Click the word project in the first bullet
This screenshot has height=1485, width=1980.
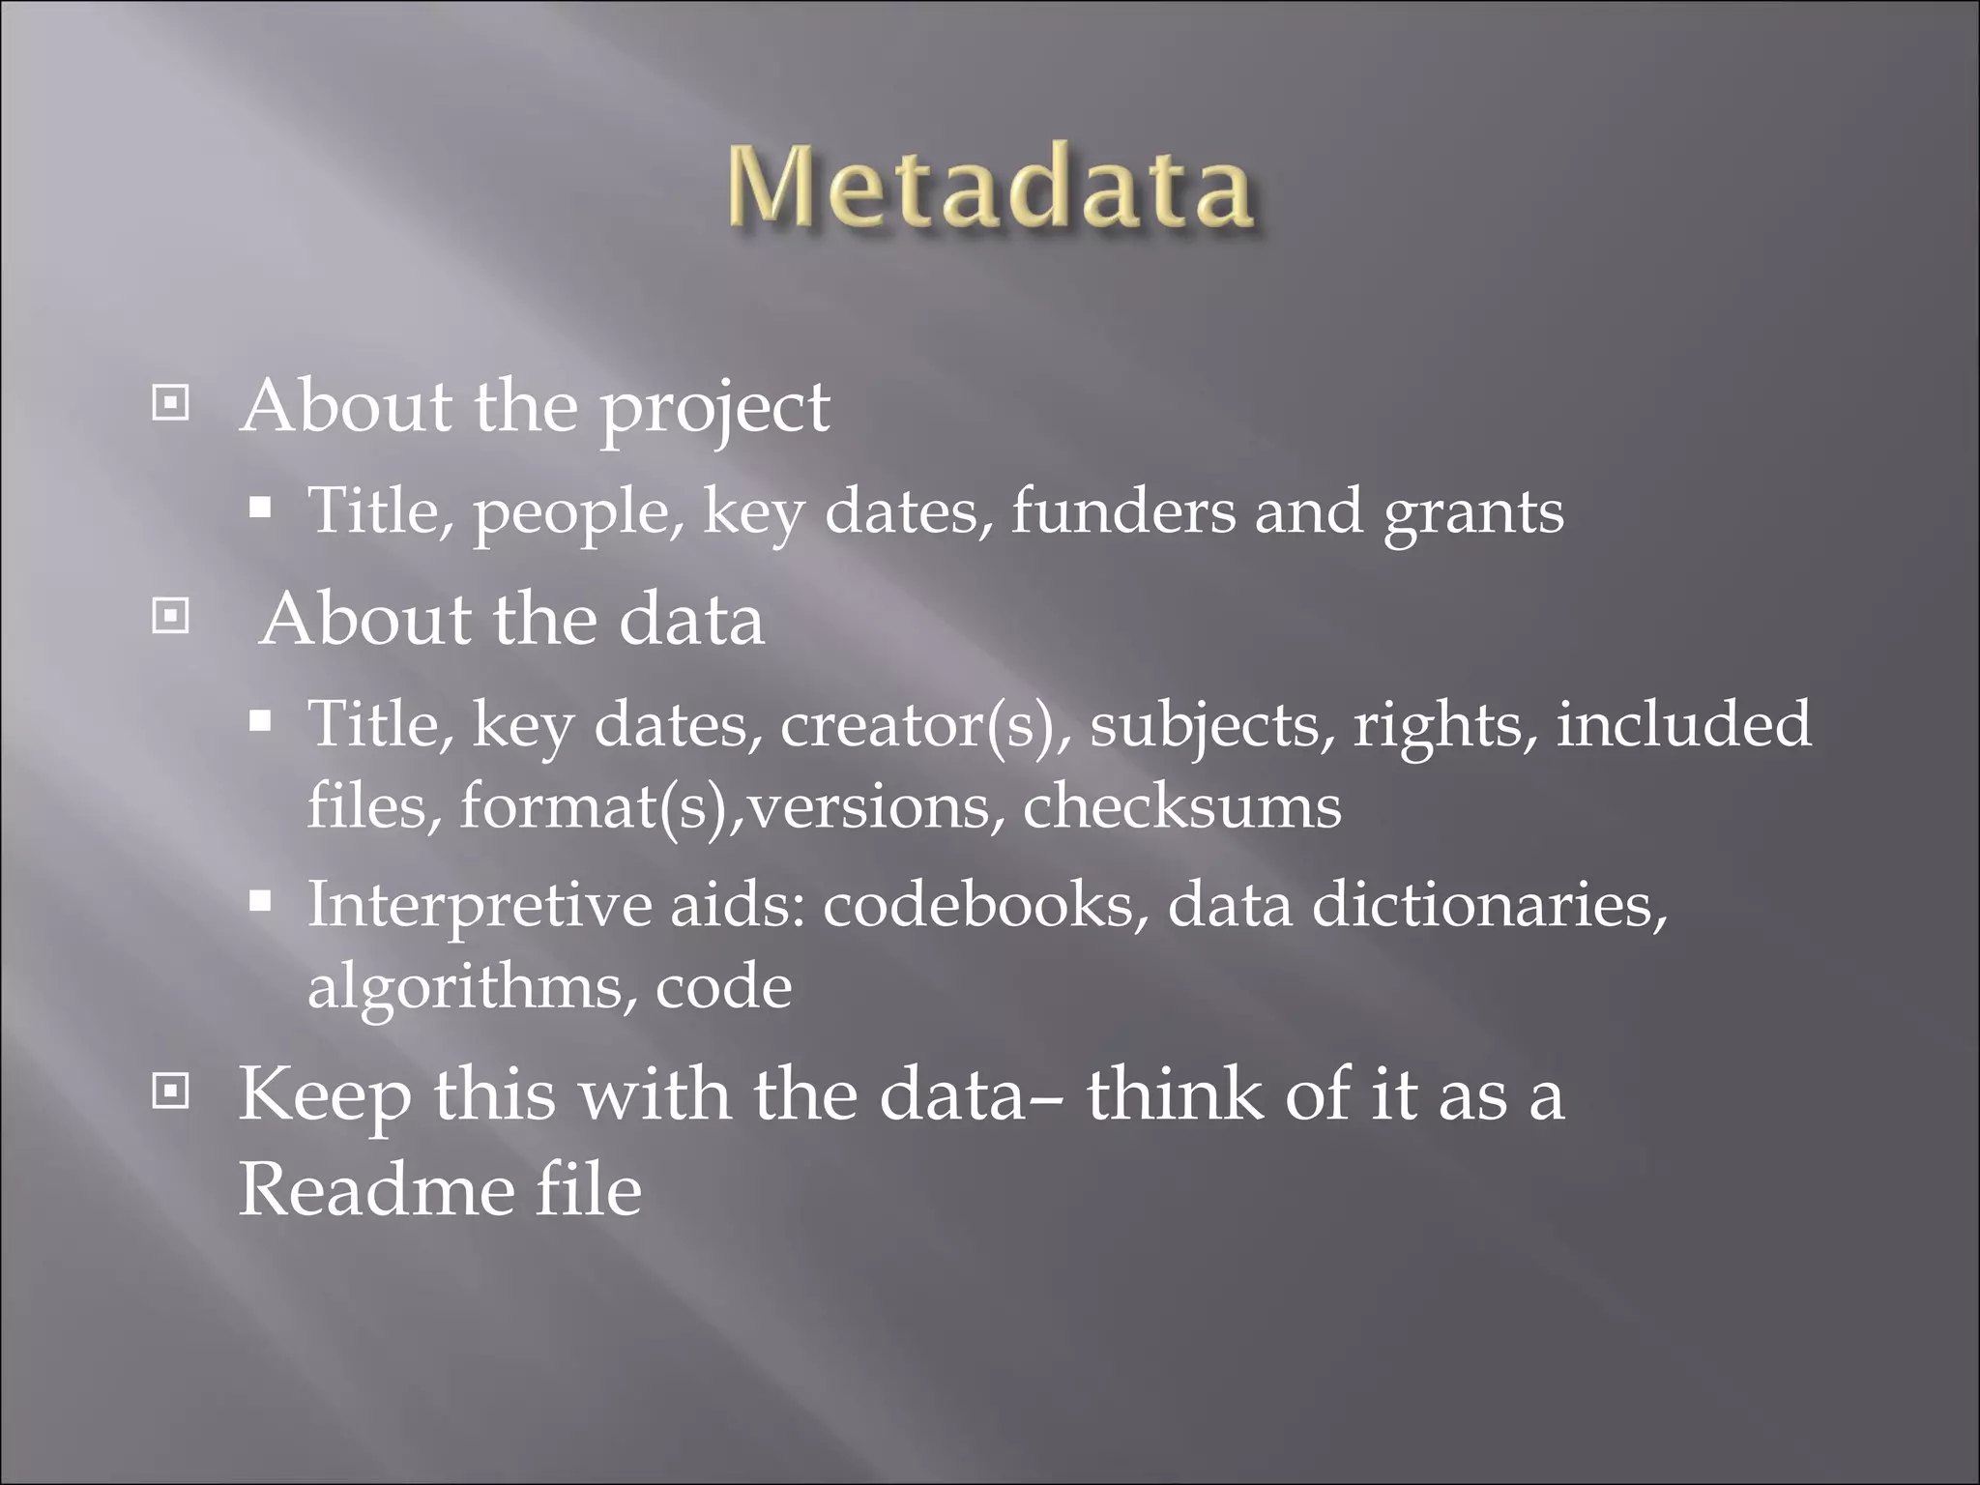click(x=714, y=409)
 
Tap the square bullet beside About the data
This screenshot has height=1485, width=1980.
click(x=171, y=615)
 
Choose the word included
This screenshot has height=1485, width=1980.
click(x=1683, y=724)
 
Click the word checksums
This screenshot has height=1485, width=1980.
click(x=1181, y=806)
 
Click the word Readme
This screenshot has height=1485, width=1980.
click(x=378, y=1190)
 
